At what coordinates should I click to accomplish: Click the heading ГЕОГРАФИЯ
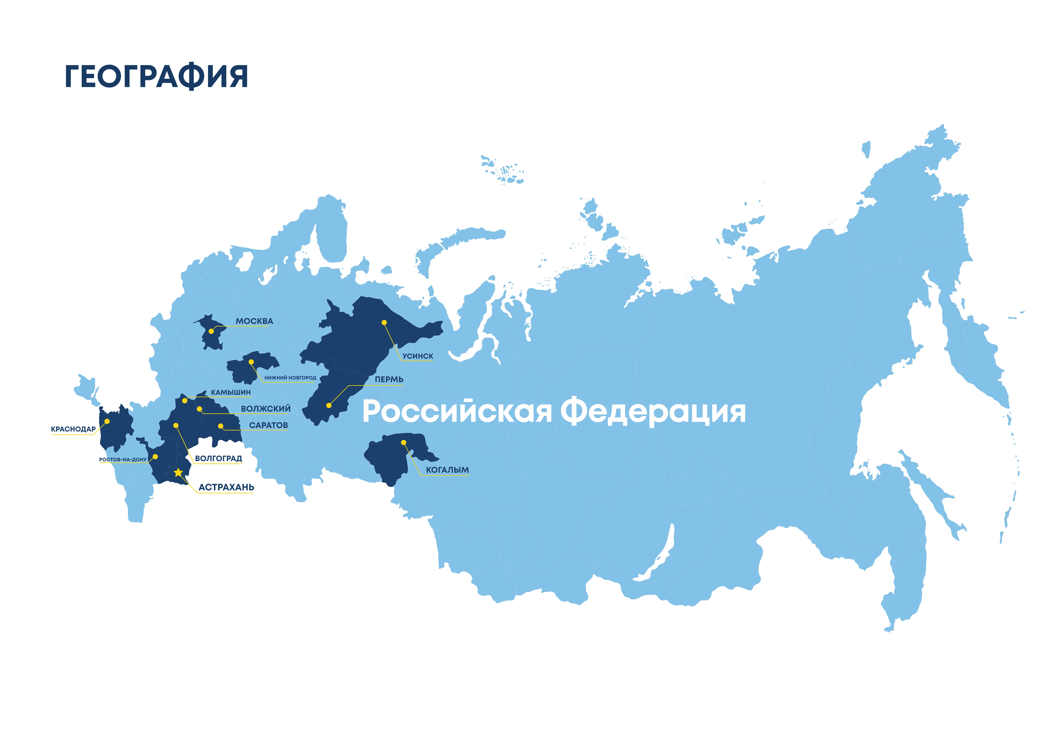tap(157, 76)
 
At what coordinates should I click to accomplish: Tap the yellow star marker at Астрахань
tap(178, 473)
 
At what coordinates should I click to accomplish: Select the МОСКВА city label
tap(254, 321)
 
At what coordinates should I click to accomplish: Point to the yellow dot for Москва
tap(211, 331)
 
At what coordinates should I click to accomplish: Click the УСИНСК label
tap(418, 356)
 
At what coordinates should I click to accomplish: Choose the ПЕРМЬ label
tap(389, 380)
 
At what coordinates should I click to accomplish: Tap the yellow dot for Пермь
tap(329, 406)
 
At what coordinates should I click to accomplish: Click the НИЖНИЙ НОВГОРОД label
tap(290, 378)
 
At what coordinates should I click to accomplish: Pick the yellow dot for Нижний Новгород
tap(251, 362)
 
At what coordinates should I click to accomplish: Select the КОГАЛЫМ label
tap(447, 470)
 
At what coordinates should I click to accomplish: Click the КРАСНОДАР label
tap(73, 429)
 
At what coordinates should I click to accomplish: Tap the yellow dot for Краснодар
tap(107, 421)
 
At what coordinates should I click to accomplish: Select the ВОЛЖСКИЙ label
tap(265, 409)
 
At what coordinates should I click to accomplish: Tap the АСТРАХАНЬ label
tap(226, 487)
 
